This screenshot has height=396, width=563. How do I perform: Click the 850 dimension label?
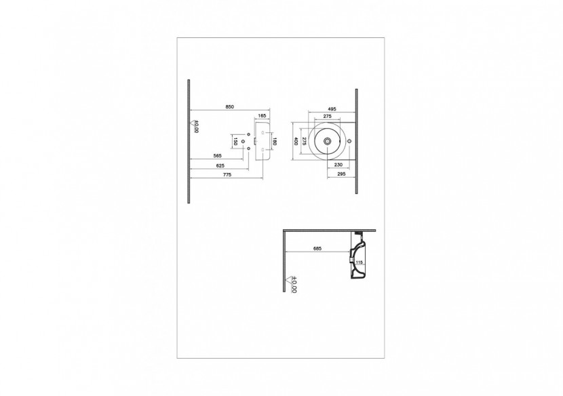(x=230, y=106)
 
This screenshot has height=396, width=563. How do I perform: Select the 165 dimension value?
(x=261, y=117)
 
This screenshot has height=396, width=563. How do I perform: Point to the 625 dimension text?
(x=221, y=165)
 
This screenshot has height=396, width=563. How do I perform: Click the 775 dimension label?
(x=227, y=175)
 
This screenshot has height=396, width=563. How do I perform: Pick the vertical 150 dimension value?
(x=235, y=142)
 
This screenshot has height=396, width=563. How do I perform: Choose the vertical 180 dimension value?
(x=274, y=142)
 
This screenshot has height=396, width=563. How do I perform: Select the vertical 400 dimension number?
(x=296, y=142)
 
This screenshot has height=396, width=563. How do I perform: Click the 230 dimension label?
(x=338, y=165)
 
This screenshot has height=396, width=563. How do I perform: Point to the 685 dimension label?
(x=317, y=248)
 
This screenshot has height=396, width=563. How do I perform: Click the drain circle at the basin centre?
(x=328, y=142)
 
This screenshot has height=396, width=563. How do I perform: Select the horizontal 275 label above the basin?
(x=327, y=117)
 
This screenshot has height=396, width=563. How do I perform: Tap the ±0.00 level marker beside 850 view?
(x=195, y=127)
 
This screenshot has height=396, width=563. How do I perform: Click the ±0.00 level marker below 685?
(x=292, y=283)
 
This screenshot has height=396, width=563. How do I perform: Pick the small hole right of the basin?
(x=349, y=142)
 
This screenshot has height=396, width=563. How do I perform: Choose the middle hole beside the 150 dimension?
(x=249, y=142)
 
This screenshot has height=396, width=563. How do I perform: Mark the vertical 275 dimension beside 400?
(x=305, y=142)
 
